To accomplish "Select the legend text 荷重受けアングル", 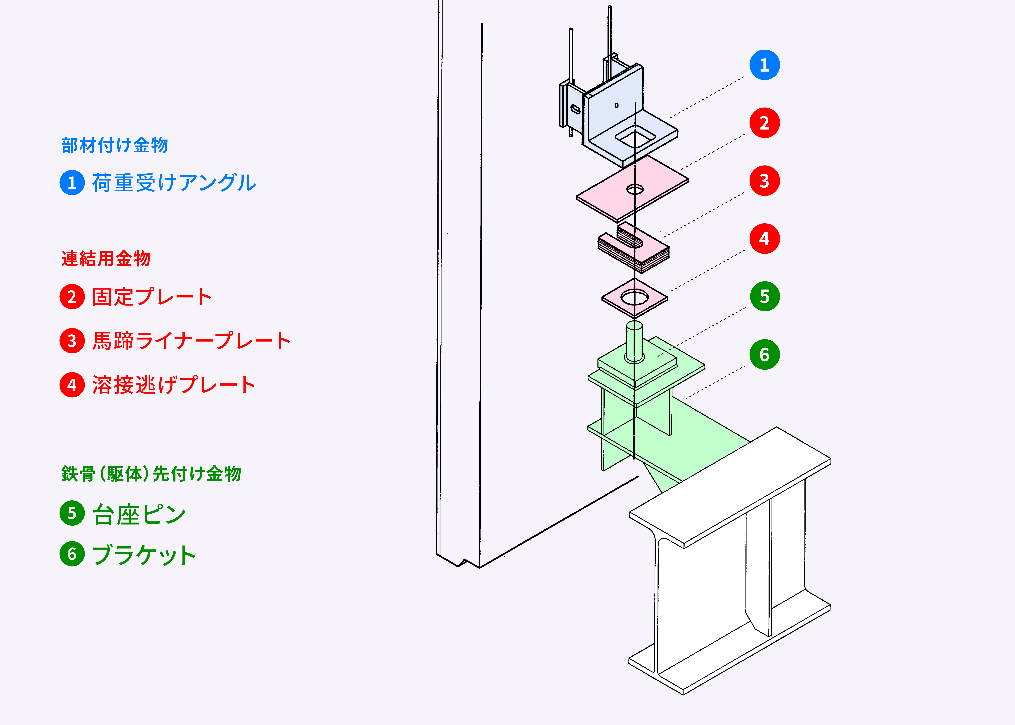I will point(174,183).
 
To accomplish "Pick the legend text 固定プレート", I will point(152,297).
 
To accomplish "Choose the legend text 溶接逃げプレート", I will point(174,385).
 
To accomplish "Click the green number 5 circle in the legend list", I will point(72,513).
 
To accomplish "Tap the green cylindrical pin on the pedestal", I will point(634,342).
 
